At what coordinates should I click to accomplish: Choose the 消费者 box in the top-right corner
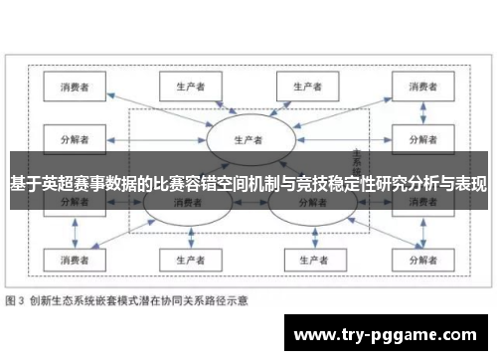point(419,87)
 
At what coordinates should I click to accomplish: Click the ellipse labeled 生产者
point(248,139)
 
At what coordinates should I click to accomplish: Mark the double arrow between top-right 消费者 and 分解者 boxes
point(419,112)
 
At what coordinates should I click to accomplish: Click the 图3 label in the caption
point(16,298)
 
